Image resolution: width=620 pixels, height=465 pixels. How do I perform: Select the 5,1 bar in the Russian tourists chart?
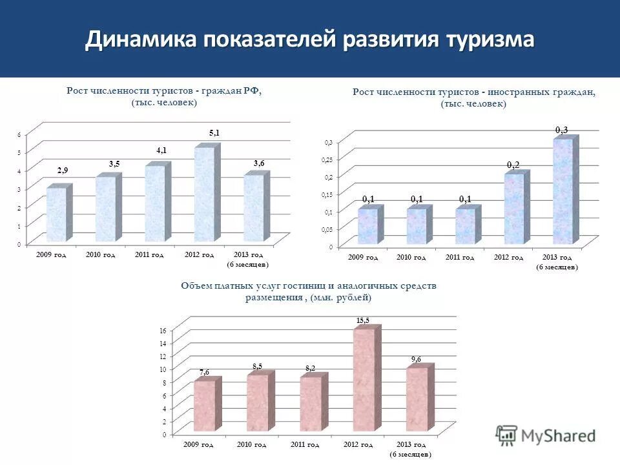pos(204,194)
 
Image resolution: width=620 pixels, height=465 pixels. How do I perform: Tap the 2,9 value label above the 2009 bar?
pos(63,170)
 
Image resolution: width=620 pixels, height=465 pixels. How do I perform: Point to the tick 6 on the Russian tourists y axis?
pos(19,134)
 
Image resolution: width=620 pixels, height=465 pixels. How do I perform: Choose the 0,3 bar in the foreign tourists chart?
pos(562,192)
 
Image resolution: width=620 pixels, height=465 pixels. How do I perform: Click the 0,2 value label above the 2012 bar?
pos(513,165)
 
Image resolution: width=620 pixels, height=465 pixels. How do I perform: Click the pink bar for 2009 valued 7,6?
pos(204,406)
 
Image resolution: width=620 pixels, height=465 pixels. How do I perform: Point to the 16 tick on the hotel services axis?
pos(163,330)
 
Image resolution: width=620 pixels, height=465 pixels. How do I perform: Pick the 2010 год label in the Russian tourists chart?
pos(100,255)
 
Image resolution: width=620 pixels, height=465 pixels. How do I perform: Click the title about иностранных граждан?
pos(473,92)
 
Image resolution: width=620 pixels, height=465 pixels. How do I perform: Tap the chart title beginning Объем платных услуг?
pos(309,286)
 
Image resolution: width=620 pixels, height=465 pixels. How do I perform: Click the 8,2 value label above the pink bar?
pos(311,368)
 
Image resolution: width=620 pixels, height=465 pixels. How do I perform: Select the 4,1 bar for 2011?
pos(155,203)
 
